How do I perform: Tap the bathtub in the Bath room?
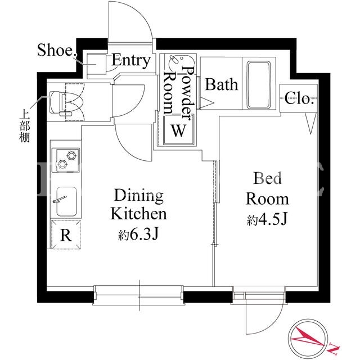pyautogui.click(x=259, y=84)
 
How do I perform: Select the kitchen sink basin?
pyautogui.click(x=66, y=201)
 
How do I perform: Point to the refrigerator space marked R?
pyautogui.click(x=66, y=235)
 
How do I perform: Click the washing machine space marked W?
pyautogui.click(x=178, y=130)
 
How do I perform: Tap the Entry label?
pyautogui.click(x=131, y=61)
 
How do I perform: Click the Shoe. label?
pyautogui.click(x=57, y=50)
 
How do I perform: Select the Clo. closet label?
pyautogui.click(x=299, y=99)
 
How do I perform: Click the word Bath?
pyautogui.click(x=221, y=84)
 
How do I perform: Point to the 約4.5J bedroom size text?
pyautogui.click(x=267, y=220)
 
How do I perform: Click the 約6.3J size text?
pyautogui.click(x=138, y=235)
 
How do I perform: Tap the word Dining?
pyautogui.click(x=139, y=196)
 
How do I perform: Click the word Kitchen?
pyautogui.click(x=138, y=214)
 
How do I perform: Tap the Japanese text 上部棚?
pyautogui.click(x=24, y=127)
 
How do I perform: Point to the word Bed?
pyautogui.click(x=268, y=178)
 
